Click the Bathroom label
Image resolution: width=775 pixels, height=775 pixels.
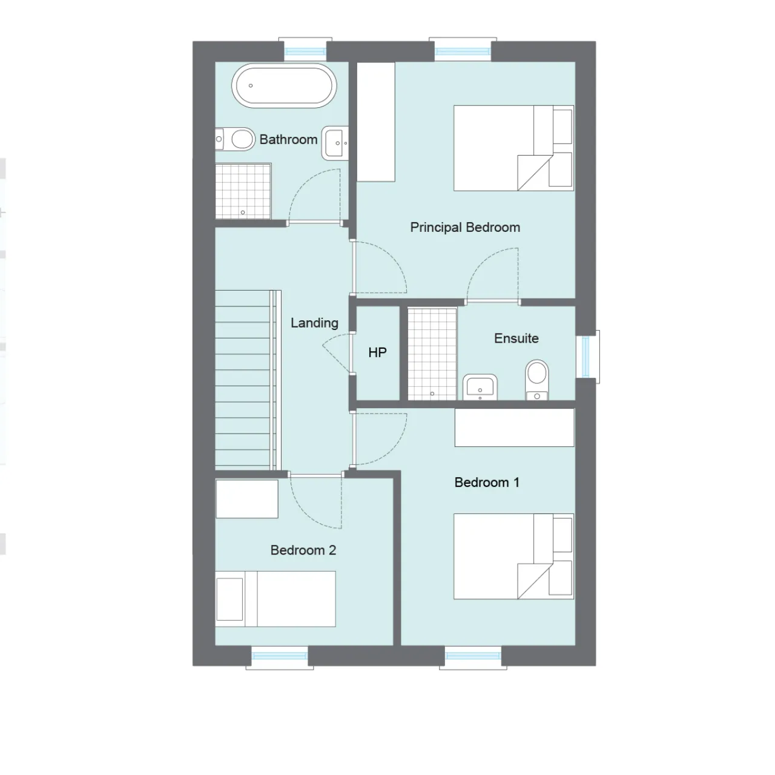(x=288, y=139)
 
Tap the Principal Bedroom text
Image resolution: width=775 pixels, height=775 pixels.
(x=465, y=228)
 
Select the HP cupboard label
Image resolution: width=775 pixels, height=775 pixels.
(x=377, y=353)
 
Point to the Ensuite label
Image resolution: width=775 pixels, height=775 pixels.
(x=516, y=338)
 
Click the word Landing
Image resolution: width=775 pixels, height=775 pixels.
(x=314, y=323)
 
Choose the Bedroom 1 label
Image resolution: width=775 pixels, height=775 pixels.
(x=487, y=482)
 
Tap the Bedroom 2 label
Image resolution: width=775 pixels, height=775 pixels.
(x=303, y=550)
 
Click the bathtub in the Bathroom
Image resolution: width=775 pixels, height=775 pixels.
(x=284, y=85)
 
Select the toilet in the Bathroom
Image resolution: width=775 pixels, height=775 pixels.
(x=235, y=139)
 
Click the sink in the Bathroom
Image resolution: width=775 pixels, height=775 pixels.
(x=335, y=143)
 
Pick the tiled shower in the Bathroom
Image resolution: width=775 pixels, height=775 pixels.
(x=243, y=191)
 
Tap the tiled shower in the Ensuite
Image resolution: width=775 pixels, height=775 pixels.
(x=432, y=354)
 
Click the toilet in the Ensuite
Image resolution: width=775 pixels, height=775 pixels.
(x=537, y=380)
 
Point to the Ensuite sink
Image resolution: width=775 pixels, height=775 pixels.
(x=480, y=387)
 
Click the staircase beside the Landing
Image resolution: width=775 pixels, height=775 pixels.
(x=248, y=380)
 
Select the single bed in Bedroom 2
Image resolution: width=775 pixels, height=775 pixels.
(x=275, y=599)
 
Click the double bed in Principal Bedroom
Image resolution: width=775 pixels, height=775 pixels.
(x=513, y=148)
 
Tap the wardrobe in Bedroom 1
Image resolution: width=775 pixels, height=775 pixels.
(x=515, y=427)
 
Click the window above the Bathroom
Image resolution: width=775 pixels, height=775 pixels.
(x=305, y=50)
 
